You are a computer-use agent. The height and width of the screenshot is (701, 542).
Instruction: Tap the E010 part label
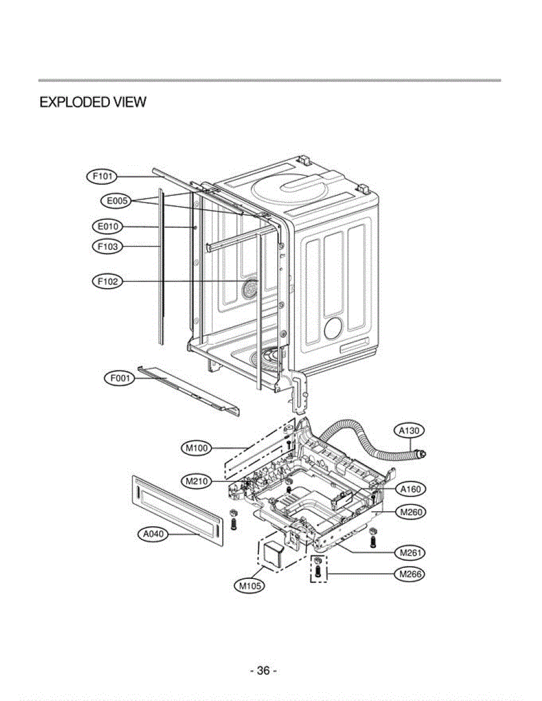pyautogui.click(x=106, y=226)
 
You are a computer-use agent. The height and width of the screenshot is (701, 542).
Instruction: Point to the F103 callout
pyautogui.click(x=108, y=247)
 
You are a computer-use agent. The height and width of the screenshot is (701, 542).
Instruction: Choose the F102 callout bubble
pyautogui.click(x=108, y=282)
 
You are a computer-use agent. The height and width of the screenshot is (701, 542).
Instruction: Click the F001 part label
pyautogui.click(x=119, y=379)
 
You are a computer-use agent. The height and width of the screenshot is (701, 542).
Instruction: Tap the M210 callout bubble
pyautogui.click(x=196, y=482)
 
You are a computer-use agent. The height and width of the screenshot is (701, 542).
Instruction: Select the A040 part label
pyautogui.click(x=153, y=533)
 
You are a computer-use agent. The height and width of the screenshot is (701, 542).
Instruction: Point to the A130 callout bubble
pyautogui.click(x=409, y=431)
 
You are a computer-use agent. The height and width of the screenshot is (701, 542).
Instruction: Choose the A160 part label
pyautogui.click(x=410, y=488)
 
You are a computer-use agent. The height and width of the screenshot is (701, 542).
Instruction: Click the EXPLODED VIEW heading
pyautogui.click(x=92, y=103)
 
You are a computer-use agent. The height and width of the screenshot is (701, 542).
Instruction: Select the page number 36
pyautogui.click(x=263, y=671)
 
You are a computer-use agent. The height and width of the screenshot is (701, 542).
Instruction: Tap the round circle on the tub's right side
pyautogui.click(x=332, y=329)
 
